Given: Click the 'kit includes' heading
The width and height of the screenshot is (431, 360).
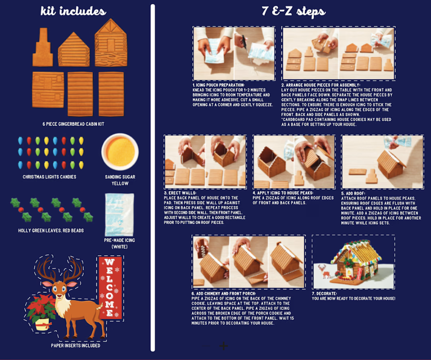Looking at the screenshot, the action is pyautogui.click(x=73, y=11).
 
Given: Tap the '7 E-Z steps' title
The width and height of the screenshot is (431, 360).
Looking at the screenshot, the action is pyautogui.click(x=293, y=11).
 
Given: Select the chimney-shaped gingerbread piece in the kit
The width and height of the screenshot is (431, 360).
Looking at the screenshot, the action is pyautogui.click(x=43, y=47).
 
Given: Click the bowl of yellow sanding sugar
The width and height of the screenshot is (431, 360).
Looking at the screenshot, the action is pyautogui.click(x=120, y=151).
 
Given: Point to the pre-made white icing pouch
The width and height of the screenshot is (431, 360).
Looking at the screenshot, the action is pyautogui.click(x=119, y=215).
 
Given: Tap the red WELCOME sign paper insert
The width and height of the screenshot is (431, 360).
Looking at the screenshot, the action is pyautogui.click(x=110, y=288).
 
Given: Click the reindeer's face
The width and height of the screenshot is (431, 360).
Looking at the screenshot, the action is pyautogui.click(x=59, y=290).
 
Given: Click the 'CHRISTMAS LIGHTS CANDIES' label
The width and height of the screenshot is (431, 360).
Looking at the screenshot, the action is pyautogui.click(x=49, y=177).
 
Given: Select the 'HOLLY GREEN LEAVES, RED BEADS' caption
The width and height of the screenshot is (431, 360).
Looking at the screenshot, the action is pyautogui.click(x=51, y=231).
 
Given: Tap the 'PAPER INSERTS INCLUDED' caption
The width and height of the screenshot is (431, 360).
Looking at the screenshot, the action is pyautogui.click(x=76, y=345).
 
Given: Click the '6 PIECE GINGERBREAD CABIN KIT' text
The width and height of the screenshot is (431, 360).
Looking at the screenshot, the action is pyautogui.click(x=74, y=124).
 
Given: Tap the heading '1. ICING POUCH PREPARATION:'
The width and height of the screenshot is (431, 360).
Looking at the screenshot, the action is pyautogui.click(x=218, y=85).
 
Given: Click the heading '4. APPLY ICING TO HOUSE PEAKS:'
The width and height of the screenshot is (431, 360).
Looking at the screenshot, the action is pyautogui.click(x=283, y=193).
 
